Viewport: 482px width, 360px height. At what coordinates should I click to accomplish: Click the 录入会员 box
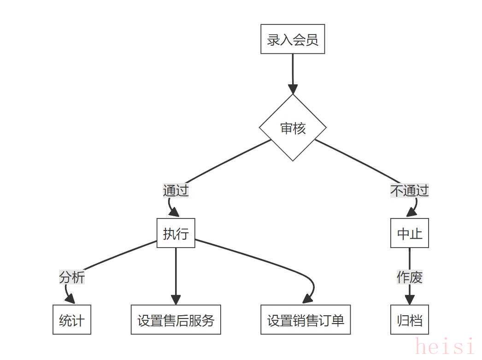(x=293, y=39)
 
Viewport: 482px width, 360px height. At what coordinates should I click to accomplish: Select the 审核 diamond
(x=293, y=128)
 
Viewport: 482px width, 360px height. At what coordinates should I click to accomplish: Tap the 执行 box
(x=176, y=233)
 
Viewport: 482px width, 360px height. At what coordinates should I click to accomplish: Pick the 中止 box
(x=410, y=233)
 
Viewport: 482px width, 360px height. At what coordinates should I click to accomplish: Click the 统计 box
(x=72, y=320)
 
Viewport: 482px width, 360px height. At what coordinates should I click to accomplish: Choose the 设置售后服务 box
(x=176, y=320)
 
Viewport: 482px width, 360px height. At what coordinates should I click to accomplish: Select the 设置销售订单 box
(x=306, y=320)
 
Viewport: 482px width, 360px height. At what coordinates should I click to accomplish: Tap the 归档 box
(x=410, y=320)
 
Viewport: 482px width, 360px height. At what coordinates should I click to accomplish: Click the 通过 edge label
(x=176, y=191)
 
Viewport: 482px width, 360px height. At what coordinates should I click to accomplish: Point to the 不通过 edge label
(x=410, y=191)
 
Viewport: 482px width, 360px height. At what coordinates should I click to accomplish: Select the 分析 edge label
(x=72, y=277)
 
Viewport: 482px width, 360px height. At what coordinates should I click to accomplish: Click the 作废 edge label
(x=410, y=277)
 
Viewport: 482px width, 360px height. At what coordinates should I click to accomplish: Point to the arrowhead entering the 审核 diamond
(x=293, y=89)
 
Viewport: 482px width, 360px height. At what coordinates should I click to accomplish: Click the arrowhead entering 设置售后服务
(x=176, y=300)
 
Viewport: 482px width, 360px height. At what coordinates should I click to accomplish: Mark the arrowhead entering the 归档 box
(x=410, y=300)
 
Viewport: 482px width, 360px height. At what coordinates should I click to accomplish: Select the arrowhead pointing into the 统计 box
(x=71, y=299)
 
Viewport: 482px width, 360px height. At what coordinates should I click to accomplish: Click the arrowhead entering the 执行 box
(x=174, y=212)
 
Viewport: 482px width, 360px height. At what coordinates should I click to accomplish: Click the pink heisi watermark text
(x=445, y=347)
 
